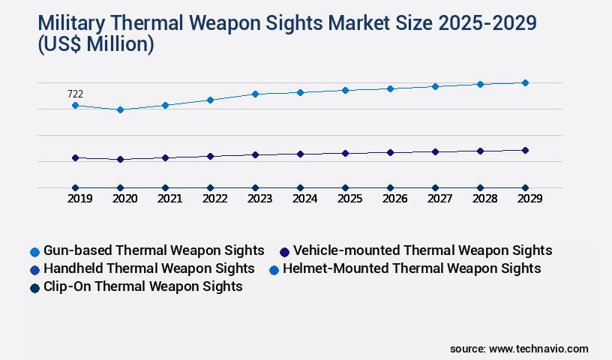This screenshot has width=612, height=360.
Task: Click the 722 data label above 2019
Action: pos(75,94)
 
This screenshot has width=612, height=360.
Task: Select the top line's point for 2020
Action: pos(120,109)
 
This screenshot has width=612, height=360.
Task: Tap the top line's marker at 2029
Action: pos(525,82)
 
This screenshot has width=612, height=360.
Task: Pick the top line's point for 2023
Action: pos(255,94)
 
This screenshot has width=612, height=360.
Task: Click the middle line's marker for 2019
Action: pos(75,157)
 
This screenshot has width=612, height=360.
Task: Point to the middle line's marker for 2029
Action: pos(525,150)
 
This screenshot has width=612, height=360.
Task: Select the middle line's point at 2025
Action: pos(345,153)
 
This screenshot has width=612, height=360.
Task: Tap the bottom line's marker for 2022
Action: pos(210,187)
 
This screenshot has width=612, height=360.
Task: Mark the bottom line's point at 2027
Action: pos(435,187)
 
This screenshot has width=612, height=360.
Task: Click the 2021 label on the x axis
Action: pos(169,199)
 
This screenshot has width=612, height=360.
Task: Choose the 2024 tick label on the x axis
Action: pos(304,199)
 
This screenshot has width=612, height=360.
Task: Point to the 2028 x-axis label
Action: pos(484,199)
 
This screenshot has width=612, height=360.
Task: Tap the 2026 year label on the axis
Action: pos(394,199)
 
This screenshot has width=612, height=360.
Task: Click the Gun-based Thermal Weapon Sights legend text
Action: pos(154,250)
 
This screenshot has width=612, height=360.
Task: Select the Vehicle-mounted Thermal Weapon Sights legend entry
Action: pos(422,250)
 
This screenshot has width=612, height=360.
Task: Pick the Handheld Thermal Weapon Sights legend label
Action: pos(148,268)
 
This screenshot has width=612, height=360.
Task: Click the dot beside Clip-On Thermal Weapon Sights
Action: pos(34,287)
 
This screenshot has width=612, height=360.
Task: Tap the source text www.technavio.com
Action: pos(538,349)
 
